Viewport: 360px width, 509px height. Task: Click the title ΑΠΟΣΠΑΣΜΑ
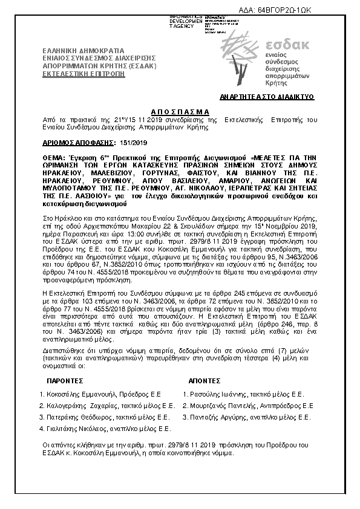coord(179,112)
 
